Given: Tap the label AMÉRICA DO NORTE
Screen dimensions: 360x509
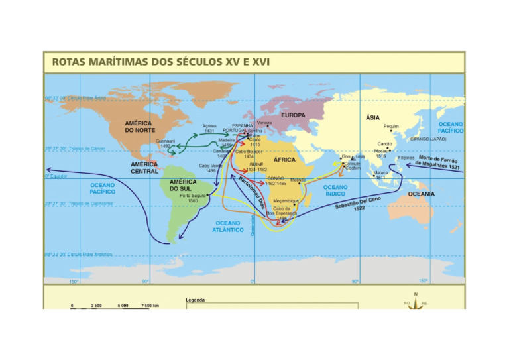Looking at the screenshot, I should [139, 126].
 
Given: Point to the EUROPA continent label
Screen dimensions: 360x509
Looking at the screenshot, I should [293, 115].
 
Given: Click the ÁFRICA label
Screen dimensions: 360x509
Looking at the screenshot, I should [284, 160].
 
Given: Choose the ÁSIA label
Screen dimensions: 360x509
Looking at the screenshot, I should [372, 117].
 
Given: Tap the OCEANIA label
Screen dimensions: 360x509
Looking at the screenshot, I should [422, 194].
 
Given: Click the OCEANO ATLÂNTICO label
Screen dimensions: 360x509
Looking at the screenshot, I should [228, 226].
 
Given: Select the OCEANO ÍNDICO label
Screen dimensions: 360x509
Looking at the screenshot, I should [335, 190].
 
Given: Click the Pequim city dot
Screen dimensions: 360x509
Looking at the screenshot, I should [391, 131].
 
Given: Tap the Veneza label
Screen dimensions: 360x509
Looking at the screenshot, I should [264, 123].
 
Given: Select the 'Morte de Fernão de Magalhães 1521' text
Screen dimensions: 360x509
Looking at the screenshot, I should [438, 162].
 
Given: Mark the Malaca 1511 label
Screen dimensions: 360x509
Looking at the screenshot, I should [381, 175].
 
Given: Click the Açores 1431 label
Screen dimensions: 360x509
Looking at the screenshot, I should [209, 128].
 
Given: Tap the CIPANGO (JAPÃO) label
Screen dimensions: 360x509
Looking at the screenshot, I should [428, 139].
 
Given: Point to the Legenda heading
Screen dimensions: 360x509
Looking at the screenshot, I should [196, 300].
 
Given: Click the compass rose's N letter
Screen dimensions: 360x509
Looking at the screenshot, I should [416, 294].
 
